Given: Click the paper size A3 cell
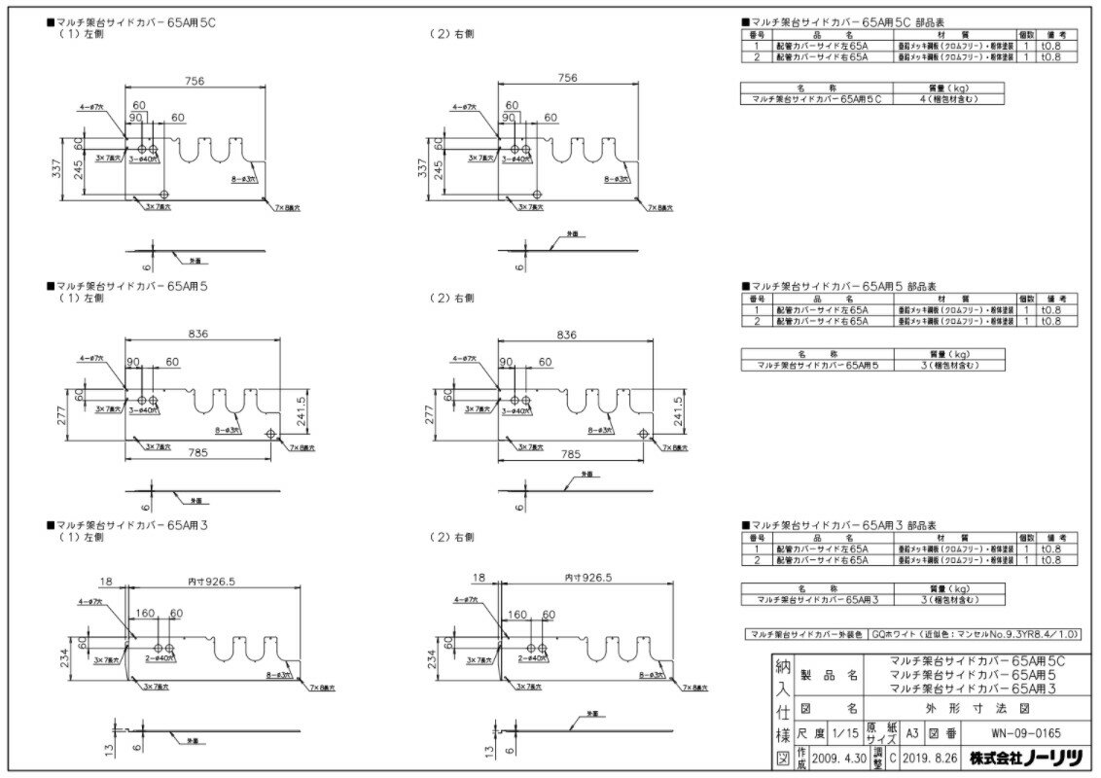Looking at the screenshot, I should pos(911,735).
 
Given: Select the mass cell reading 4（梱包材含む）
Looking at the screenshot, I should pos(951,98).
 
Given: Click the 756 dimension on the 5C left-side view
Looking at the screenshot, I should pos(195,82).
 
